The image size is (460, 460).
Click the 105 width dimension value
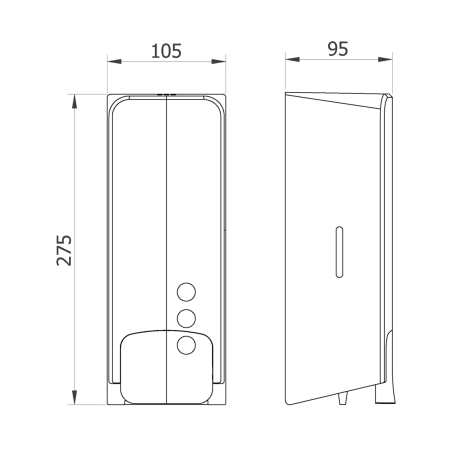click(x=166, y=51)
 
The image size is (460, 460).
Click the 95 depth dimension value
click(x=338, y=49)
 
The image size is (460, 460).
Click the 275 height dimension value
click(x=64, y=250)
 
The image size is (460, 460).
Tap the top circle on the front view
click(x=186, y=292)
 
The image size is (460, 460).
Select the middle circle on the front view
click(x=186, y=318)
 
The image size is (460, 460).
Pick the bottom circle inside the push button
click(x=186, y=345)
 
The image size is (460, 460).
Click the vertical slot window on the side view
click(x=339, y=252)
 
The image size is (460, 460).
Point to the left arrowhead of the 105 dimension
click(x=114, y=61)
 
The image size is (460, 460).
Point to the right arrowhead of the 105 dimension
click(x=219, y=61)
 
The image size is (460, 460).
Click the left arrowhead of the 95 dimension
click(x=292, y=60)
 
